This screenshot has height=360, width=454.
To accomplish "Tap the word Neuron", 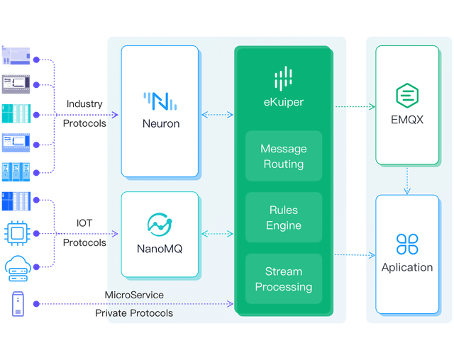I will coord(160,124).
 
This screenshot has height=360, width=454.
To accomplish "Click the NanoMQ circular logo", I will coord(160,225).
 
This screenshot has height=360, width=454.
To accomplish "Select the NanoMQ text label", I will coord(160,249).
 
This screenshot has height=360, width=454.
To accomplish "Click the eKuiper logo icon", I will coord(283,79).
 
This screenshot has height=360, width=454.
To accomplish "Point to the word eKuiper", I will coord(283,102).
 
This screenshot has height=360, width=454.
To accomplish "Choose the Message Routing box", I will coord(284,157).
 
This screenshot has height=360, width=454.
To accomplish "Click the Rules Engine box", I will coord(284,218).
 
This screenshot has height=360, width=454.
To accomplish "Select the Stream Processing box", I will coord(284,279).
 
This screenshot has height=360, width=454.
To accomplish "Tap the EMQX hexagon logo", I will coord(407,95).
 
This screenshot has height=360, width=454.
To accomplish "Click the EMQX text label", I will coord(407,120).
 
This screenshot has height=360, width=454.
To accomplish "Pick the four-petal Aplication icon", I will coord(407,244).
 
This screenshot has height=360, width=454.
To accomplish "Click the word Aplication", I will coord(407,267).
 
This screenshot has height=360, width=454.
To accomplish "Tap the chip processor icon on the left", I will coord(16,232).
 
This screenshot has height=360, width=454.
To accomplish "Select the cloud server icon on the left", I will coord(16,267).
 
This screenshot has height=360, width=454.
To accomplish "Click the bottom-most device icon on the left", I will coord(16,304).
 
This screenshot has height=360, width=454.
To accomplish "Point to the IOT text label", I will coord(84,223).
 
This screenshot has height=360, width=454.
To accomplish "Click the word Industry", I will coord(84,104).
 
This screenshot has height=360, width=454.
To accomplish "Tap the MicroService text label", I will coord(135,295).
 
